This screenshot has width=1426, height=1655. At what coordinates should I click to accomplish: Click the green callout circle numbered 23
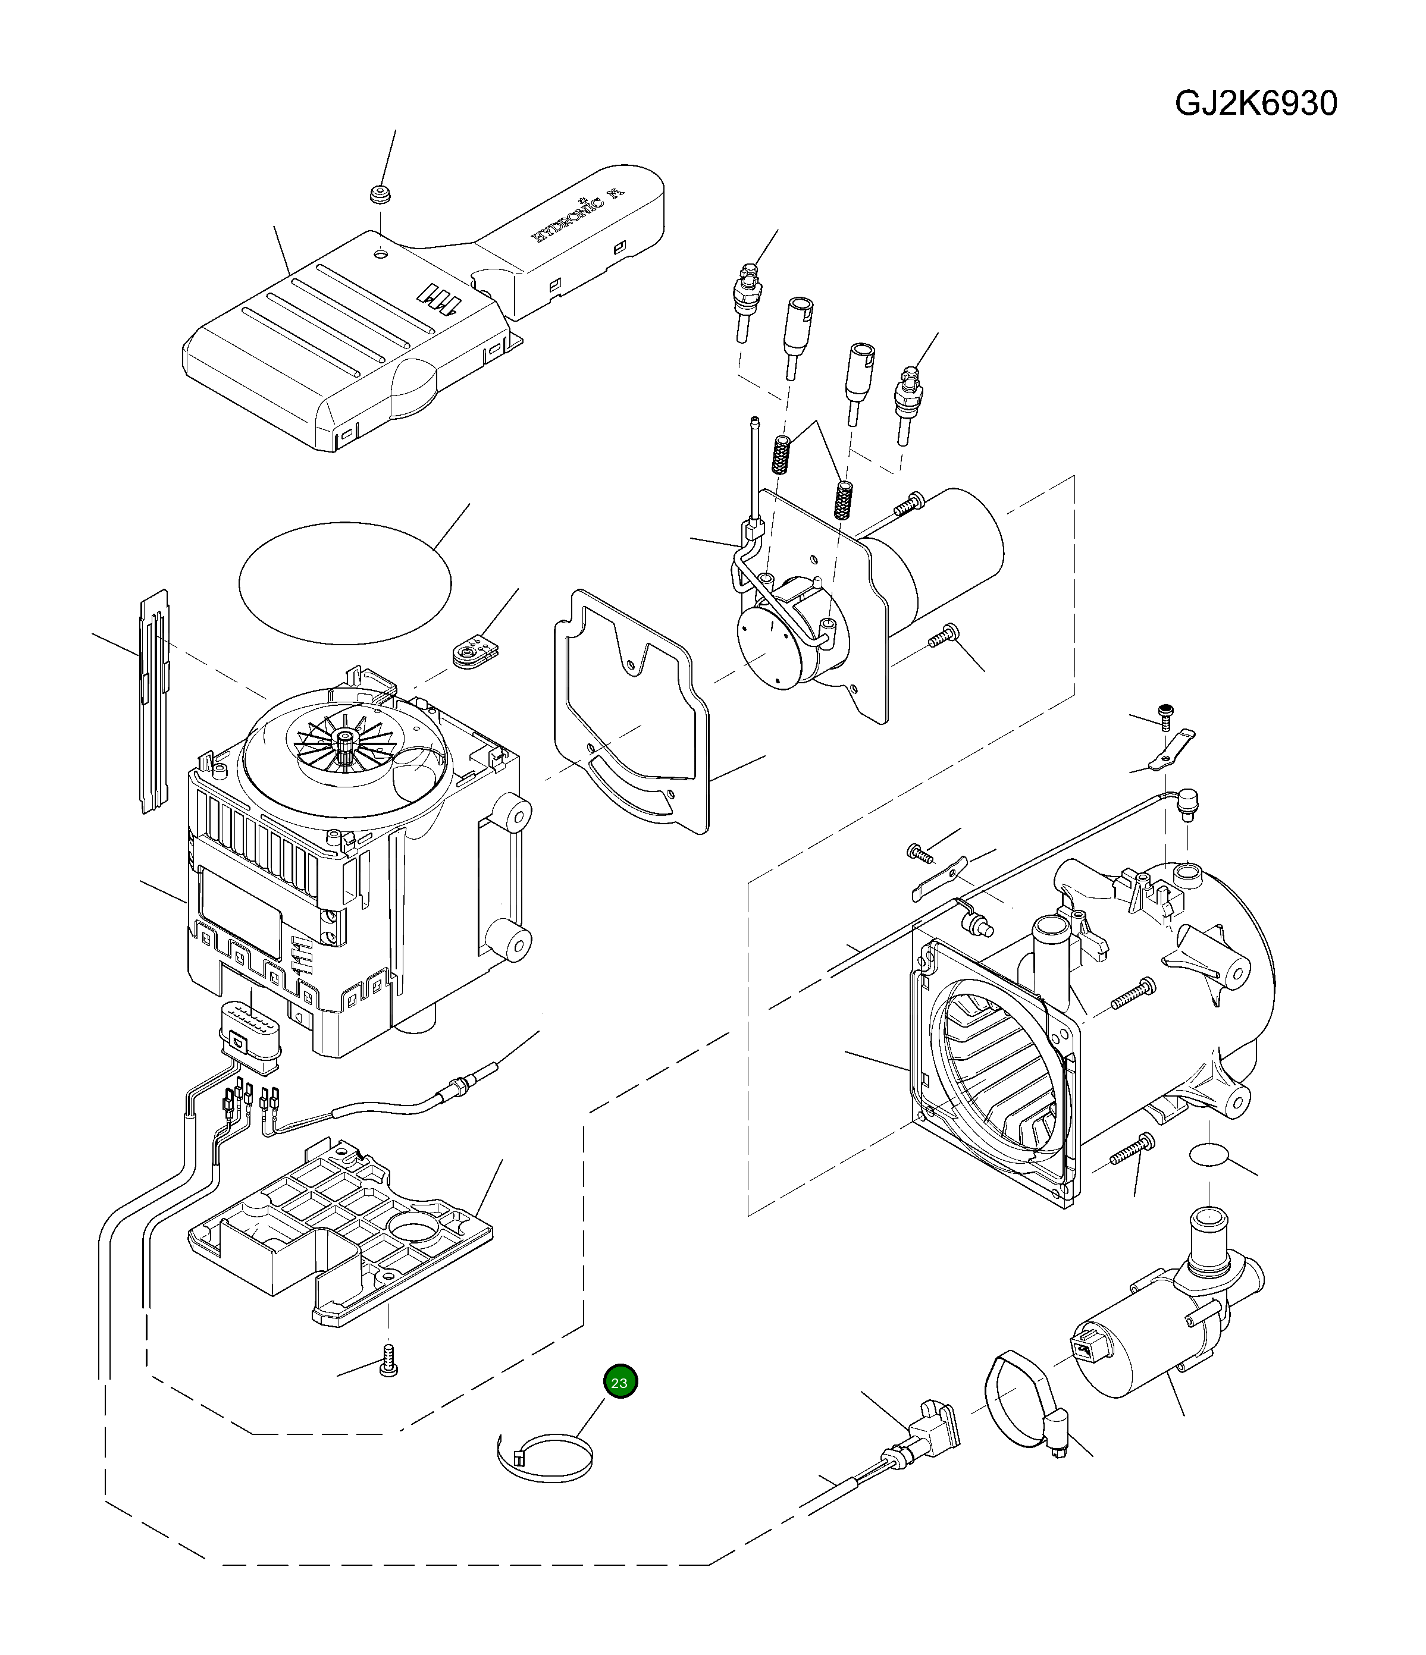click(x=620, y=1383)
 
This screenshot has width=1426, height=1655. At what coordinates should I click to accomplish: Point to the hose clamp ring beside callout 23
click(x=545, y=1459)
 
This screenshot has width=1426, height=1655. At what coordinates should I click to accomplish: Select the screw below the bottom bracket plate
click(x=389, y=1359)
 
